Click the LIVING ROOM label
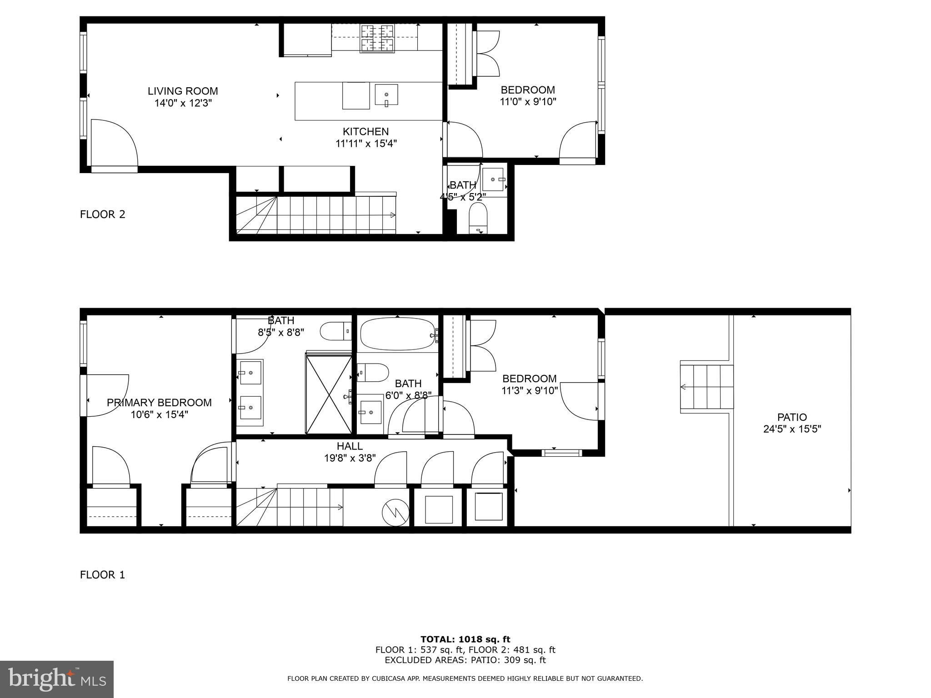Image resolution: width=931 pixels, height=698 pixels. (x=183, y=91)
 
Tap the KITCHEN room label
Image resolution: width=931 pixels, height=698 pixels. (x=365, y=132)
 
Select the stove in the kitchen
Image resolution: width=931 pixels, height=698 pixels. (x=377, y=38)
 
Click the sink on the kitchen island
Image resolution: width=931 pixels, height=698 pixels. (x=386, y=95)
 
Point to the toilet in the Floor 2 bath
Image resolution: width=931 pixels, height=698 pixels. (x=478, y=218)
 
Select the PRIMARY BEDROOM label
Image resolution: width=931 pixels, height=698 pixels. (x=159, y=403)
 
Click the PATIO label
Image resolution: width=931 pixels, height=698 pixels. (x=792, y=417)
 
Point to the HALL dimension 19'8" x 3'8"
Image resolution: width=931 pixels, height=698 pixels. (x=350, y=458)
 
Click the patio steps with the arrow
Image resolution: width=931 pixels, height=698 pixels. (x=707, y=387)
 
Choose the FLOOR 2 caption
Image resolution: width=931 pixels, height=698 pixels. (x=102, y=214)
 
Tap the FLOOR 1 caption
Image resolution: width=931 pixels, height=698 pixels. (x=102, y=575)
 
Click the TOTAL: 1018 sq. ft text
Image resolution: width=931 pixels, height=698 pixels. (x=465, y=639)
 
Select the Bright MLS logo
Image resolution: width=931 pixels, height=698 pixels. (x=57, y=679)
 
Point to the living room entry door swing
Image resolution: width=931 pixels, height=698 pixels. (x=114, y=143)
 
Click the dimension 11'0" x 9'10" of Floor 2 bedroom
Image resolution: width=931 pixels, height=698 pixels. (x=528, y=102)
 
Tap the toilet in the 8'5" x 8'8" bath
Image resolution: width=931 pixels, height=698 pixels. (x=336, y=331)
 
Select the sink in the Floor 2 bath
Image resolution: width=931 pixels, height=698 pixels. (x=493, y=179)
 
